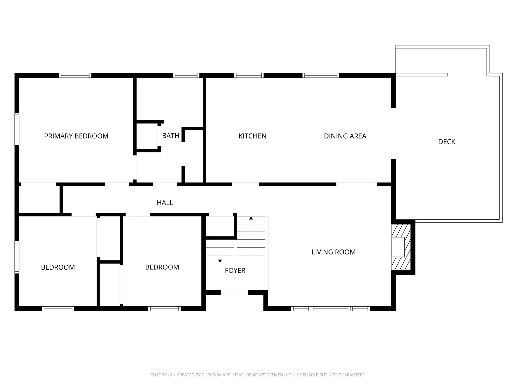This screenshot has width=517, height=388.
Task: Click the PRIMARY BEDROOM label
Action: coord(76,136)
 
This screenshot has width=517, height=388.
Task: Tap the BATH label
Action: coord(171,136)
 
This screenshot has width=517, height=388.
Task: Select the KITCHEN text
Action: coord(252,136)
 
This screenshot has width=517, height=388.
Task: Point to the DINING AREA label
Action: coord(345,136)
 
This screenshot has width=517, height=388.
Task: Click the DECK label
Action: coord(447,142)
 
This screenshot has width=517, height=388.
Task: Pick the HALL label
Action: coord(165,203)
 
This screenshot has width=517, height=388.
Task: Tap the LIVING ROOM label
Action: coord(334,252)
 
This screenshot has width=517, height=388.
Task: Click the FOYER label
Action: coord(235,271)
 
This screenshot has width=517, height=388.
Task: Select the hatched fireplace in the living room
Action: coord(401,247)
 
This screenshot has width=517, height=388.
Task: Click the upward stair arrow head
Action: coord(251,218)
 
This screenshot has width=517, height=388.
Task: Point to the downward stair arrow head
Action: coord(220,261)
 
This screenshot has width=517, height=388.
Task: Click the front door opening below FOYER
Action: coord(234,292)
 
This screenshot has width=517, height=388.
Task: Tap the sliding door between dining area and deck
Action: coord(393,133)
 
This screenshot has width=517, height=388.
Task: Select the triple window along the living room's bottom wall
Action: coord(331,309)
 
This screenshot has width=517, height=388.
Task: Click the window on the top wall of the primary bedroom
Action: coord(75,75)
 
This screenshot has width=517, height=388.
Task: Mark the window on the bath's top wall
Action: coord(186,75)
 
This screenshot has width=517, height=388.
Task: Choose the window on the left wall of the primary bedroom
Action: coord(17,129)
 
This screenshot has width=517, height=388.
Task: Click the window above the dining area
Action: coord(321,75)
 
